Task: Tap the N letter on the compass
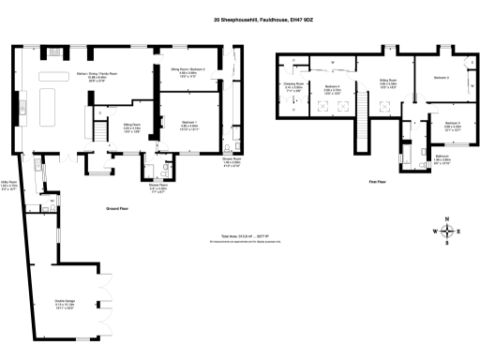click(x=448, y=219)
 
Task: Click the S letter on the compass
click(x=448, y=244)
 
